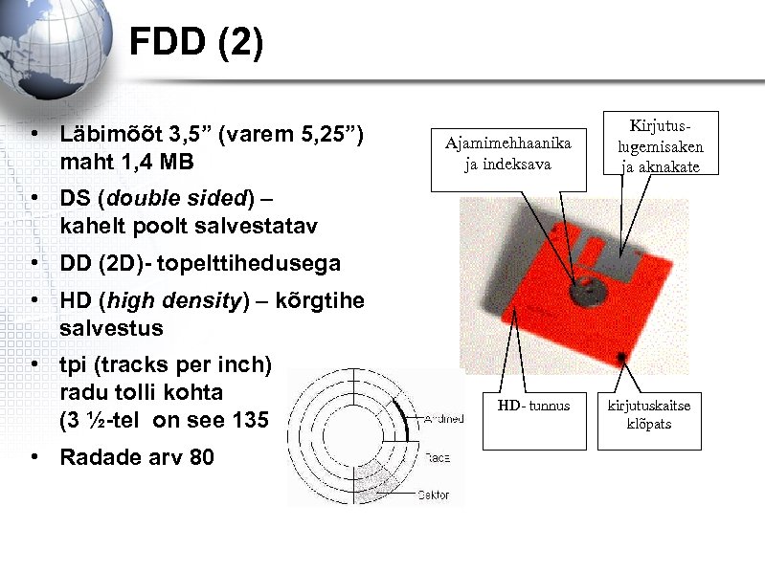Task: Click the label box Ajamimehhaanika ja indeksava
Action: point(507,153)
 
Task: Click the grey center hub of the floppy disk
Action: point(583,288)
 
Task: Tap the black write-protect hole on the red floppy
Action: point(623,358)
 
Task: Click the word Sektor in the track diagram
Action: point(434,495)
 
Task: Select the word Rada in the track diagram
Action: point(437,457)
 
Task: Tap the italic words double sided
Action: point(176,200)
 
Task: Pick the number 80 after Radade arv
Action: point(202,457)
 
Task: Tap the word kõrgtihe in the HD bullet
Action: point(320,300)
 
